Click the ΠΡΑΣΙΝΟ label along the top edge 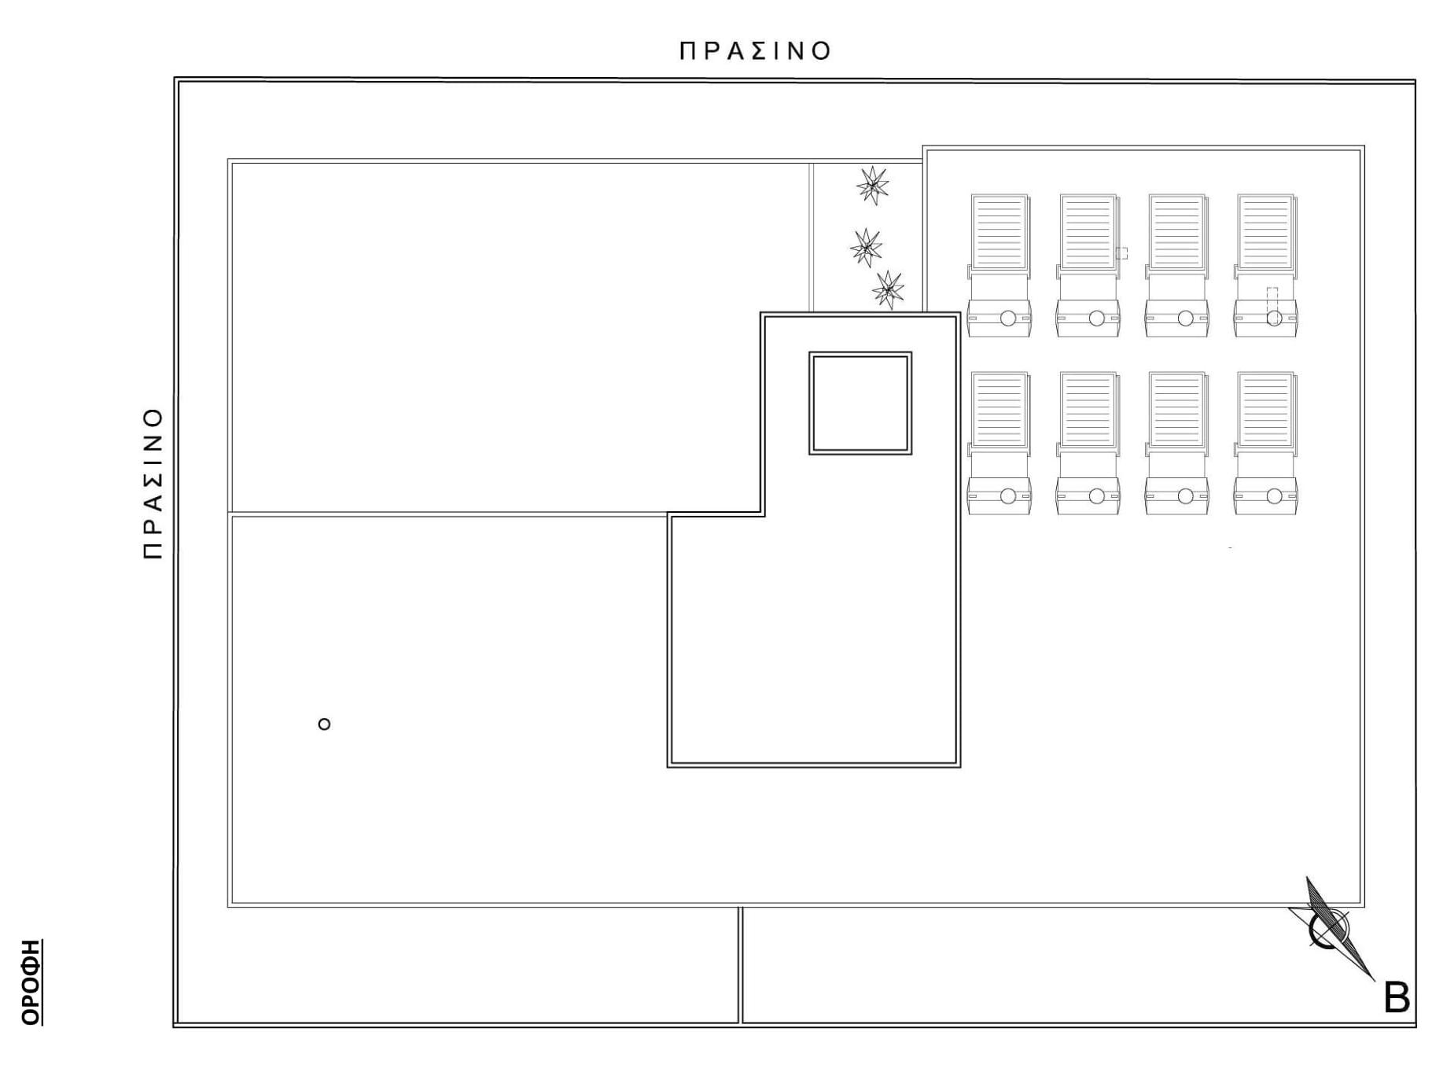pyautogui.click(x=755, y=51)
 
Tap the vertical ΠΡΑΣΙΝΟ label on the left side pyautogui.click(x=153, y=483)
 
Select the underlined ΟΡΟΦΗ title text pyautogui.click(x=31, y=982)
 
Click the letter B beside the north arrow pyautogui.click(x=1397, y=999)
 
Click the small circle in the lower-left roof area pyautogui.click(x=324, y=724)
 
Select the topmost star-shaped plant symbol pyautogui.click(x=872, y=186)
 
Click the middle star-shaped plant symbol pyautogui.click(x=866, y=248)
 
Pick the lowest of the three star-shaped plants pyautogui.click(x=888, y=290)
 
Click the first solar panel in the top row pyautogui.click(x=999, y=265)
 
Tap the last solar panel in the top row pyautogui.click(x=1266, y=265)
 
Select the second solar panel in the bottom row pyautogui.click(x=1088, y=443)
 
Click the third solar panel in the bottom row pyautogui.click(x=1177, y=443)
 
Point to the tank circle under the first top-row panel pyautogui.click(x=1008, y=319)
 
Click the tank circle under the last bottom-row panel pyautogui.click(x=1275, y=496)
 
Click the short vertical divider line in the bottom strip pyautogui.click(x=740, y=965)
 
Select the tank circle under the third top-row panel pyautogui.click(x=1186, y=319)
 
